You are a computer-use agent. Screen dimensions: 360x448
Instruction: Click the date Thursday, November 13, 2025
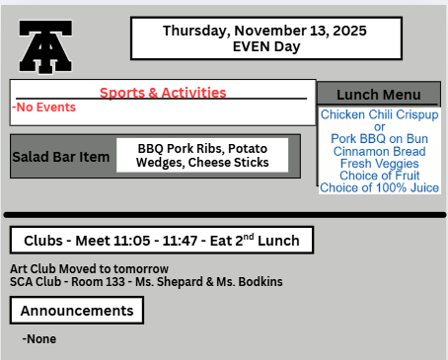coord(263,31)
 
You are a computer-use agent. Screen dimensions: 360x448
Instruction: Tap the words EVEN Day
coord(263,45)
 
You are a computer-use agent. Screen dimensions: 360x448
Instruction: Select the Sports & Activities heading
coord(163,93)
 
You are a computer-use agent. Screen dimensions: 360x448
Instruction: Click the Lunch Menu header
coord(379,95)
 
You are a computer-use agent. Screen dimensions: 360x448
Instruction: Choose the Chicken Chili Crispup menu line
coord(379,115)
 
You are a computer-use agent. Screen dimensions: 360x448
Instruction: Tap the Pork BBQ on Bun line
coord(379,139)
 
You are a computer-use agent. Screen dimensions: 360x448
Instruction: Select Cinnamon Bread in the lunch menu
coord(379,151)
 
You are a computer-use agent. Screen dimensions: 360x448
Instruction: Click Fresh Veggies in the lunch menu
coord(379,163)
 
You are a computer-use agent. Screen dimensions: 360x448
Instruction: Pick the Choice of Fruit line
coord(379,176)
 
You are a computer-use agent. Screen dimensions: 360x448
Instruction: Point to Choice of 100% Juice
coord(379,187)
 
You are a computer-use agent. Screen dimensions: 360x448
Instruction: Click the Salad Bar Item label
coord(61,157)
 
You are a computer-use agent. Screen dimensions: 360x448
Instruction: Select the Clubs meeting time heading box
coord(162,240)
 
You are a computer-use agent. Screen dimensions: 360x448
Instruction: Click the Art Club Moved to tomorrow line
coord(89,268)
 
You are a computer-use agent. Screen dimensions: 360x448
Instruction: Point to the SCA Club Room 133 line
coord(146,281)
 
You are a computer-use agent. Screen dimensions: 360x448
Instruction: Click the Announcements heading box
coord(77,311)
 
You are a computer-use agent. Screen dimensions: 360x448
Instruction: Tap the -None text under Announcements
coord(39,338)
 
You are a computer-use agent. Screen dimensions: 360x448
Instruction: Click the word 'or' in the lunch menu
coord(379,127)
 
